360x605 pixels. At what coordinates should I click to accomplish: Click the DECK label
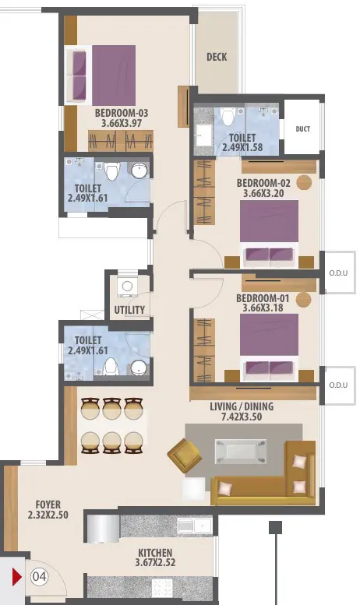[x=217, y=57]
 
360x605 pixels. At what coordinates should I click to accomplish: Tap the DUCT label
[x=303, y=129]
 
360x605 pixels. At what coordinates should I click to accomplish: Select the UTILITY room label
[x=129, y=310]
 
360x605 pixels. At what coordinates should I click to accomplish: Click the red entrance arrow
[x=16, y=577]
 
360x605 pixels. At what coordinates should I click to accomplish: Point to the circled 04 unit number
[x=39, y=577]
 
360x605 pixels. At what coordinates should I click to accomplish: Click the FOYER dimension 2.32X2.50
[x=48, y=515]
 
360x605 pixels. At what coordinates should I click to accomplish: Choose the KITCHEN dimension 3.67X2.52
[x=155, y=562]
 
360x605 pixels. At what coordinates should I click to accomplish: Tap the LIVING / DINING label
[x=242, y=406]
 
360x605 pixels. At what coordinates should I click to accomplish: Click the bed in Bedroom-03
[x=102, y=75]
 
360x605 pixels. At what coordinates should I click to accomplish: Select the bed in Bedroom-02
[x=269, y=234]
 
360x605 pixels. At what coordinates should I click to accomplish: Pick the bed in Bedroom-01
[x=269, y=347]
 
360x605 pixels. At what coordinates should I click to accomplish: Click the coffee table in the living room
[x=241, y=452]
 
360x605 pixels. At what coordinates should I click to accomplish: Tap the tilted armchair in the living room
[x=185, y=456]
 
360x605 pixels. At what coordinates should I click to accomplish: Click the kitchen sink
[x=194, y=526]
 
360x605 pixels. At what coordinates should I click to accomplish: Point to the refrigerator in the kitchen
[x=103, y=528]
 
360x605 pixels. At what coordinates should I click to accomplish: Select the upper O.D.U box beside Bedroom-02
[x=340, y=273]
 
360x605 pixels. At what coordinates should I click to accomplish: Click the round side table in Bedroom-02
[x=304, y=182]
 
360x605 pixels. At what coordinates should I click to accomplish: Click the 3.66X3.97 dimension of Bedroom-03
[x=122, y=124]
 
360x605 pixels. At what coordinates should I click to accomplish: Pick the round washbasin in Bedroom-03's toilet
[x=139, y=171]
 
